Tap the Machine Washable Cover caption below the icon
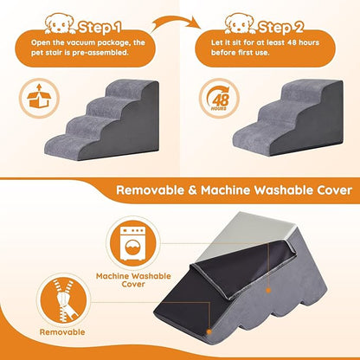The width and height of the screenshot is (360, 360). (x=132, y=280)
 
